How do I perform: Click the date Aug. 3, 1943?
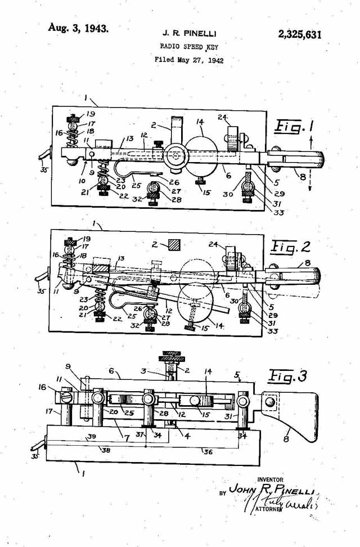coord(78,28)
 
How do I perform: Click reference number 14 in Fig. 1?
coord(200,122)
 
